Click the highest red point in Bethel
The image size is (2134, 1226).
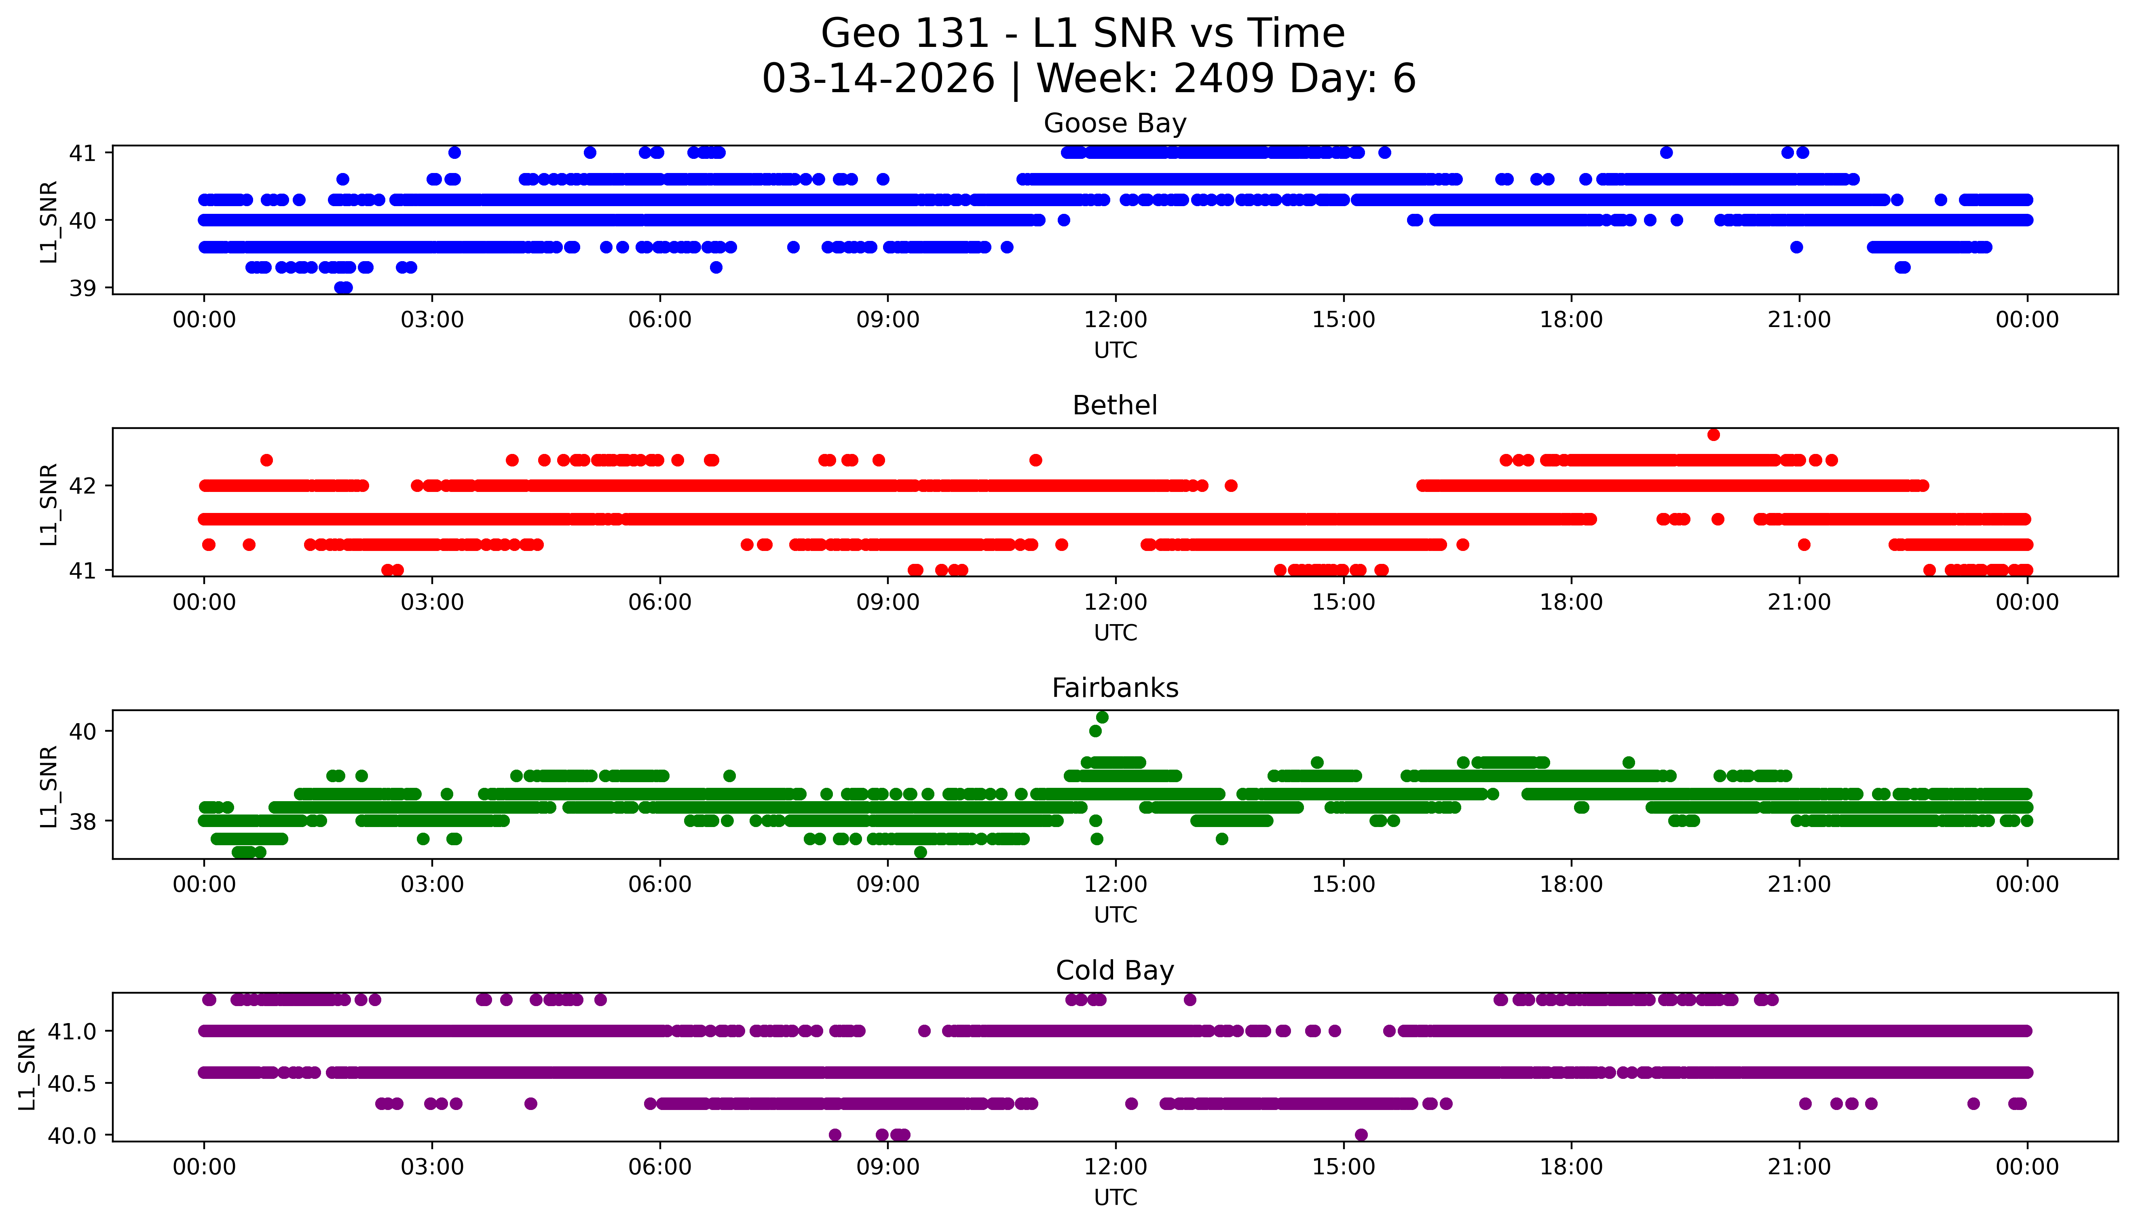pyautogui.click(x=1713, y=435)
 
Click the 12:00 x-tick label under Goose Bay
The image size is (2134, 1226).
pyautogui.click(x=1115, y=320)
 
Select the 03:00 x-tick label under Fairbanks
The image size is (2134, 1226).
pyautogui.click(x=432, y=885)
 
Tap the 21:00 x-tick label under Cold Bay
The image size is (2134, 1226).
pyautogui.click(x=1799, y=1167)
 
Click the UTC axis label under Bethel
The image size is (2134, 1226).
pyautogui.click(x=1115, y=632)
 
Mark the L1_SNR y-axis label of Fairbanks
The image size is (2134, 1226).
pyautogui.click(x=49, y=786)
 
